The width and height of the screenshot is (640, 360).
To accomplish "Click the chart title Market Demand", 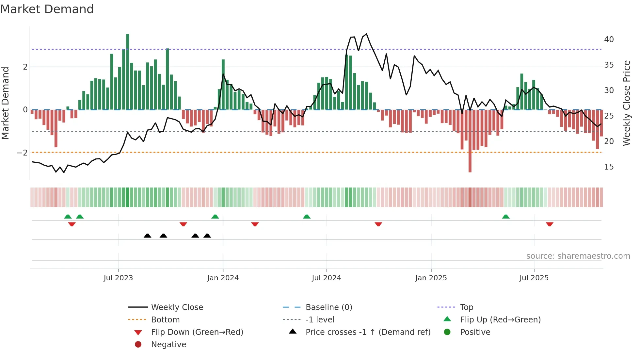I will click(x=47, y=9).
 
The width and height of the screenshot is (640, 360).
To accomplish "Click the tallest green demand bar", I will click(x=127, y=72).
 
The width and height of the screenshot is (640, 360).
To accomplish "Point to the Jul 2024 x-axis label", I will click(x=326, y=278).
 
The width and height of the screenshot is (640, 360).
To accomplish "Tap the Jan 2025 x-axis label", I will click(x=431, y=278).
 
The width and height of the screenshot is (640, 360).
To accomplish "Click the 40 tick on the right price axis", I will click(x=609, y=40).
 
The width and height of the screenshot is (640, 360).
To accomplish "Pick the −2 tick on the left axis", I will click(x=22, y=153).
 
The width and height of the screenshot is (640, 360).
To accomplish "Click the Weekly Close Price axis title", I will click(x=626, y=103).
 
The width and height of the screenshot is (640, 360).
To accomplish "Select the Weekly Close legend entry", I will click(x=177, y=307).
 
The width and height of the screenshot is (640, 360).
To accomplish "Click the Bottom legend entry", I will click(x=165, y=320).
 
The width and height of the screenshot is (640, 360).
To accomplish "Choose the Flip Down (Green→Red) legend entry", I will click(x=197, y=332).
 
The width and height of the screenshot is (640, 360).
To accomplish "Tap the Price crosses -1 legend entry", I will click(x=368, y=332).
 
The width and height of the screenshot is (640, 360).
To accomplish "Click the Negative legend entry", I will click(x=168, y=345).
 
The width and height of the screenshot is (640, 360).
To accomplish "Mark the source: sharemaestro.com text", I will click(x=578, y=256).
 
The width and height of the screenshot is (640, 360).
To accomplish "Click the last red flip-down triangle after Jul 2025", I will click(x=550, y=224).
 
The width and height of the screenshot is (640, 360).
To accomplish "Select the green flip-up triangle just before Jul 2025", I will click(x=505, y=217).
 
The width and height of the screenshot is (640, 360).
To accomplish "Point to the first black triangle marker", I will click(x=148, y=236).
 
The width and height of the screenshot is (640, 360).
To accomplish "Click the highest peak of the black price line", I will click(x=366, y=34).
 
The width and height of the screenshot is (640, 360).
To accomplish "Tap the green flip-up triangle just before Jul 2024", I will click(x=307, y=217).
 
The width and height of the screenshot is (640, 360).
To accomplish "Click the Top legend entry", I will click(x=466, y=307).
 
